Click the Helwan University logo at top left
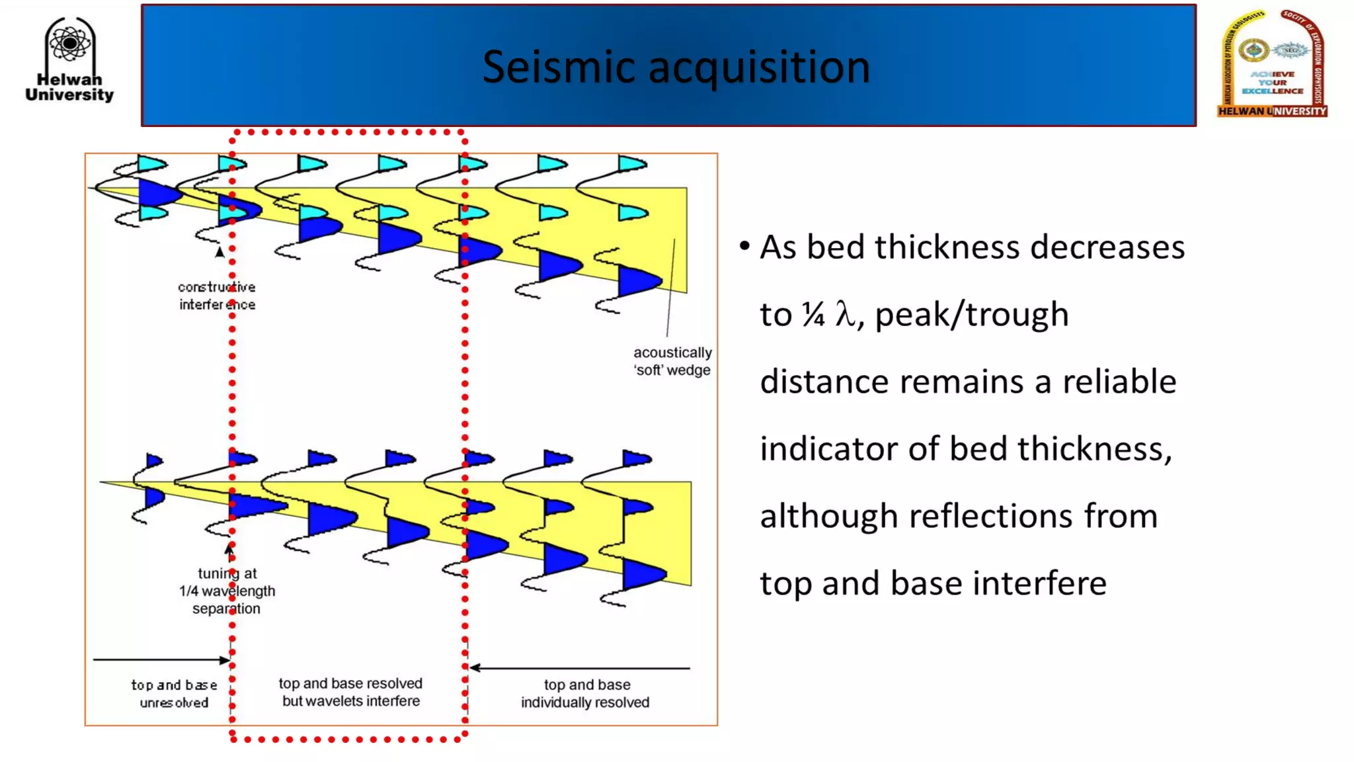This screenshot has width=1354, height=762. pyautogui.click(x=69, y=60)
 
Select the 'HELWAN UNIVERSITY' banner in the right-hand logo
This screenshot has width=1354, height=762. pyautogui.click(x=1272, y=111)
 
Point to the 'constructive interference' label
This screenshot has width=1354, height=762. pyautogui.click(x=217, y=296)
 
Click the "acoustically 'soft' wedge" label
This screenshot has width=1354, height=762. pyautogui.click(x=672, y=361)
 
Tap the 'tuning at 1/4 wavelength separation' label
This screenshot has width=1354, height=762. pyautogui.click(x=227, y=591)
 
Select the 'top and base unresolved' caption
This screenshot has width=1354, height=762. pyautogui.click(x=174, y=693)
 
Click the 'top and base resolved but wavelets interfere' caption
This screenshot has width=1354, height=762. pyautogui.click(x=350, y=692)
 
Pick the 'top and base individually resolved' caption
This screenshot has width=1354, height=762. pyautogui.click(x=586, y=693)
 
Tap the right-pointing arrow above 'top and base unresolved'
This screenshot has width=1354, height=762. pyautogui.click(x=161, y=659)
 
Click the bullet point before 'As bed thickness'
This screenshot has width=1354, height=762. pyautogui.click(x=744, y=247)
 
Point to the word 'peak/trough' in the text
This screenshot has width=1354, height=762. pyautogui.click(x=971, y=314)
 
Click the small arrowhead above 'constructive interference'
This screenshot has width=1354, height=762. pyautogui.click(x=219, y=252)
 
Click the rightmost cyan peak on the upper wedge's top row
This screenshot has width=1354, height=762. pyautogui.click(x=631, y=163)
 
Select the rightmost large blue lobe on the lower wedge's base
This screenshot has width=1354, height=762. pyautogui.click(x=641, y=573)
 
